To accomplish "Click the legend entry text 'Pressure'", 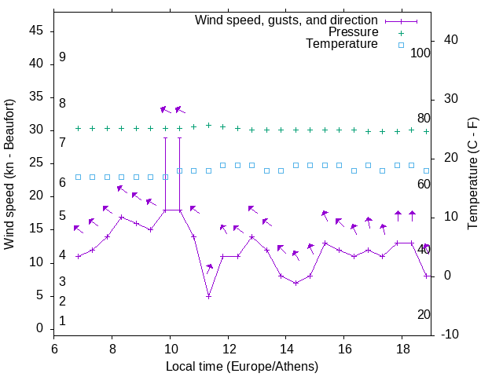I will [x=354, y=32].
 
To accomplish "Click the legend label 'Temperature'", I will [x=342, y=44].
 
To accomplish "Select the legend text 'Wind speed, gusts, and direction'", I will [x=287, y=20].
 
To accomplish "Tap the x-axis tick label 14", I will [x=286, y=349].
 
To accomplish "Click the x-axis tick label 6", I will [x=54, y=349].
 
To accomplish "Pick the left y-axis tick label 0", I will [x=39, y=329].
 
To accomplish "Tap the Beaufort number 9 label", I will [x=62, y=57].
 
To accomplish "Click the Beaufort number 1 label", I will [x=62, y=320].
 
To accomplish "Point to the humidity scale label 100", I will [x=420, y=53].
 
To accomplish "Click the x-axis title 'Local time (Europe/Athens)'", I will [x=242, y=367].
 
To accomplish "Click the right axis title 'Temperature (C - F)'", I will [x=472, y=174].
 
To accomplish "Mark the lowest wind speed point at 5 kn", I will [x=208, y=296].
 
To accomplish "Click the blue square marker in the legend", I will [x=401, y=45].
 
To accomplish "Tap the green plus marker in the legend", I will [x=401, y=33].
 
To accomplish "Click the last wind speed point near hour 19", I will [x=426, y=276].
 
